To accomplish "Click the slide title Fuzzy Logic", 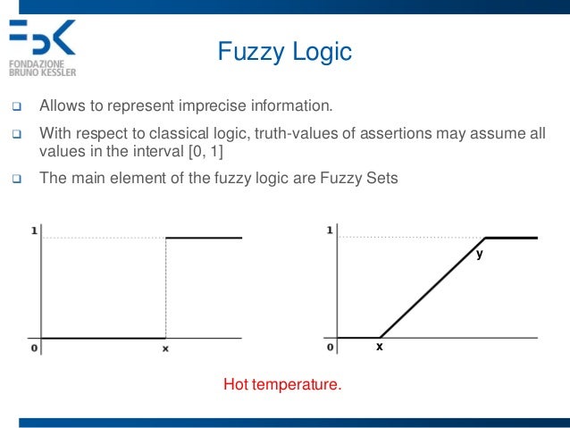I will (285, 53).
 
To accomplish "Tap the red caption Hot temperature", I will (282, 386).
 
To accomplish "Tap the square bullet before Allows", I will (15, 108).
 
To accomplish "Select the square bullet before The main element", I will (15, 178).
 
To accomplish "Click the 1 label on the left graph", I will (34, 231).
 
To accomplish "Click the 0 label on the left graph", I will (34, 348).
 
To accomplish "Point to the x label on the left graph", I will (165, 348).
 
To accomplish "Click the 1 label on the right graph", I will (330, 231).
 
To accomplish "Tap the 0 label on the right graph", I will (330, 347).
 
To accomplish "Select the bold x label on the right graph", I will (379, 346).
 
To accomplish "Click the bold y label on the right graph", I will (479, 254).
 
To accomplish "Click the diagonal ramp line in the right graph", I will (432, 289).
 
